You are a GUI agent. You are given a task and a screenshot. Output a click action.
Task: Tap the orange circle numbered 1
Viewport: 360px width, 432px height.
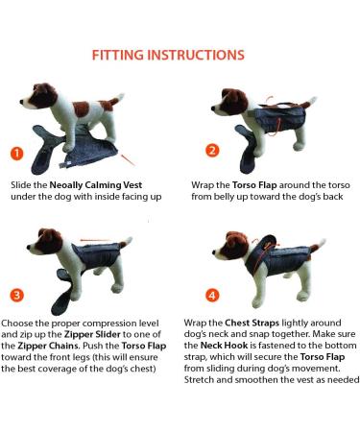tap(15, 153)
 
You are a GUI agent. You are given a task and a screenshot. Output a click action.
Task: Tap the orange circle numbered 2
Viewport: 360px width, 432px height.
tap(212, 151)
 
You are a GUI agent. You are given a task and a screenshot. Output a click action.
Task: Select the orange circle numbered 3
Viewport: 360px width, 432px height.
tap(15, 294)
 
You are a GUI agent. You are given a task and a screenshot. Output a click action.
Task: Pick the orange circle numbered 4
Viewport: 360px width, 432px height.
tap(212, 294)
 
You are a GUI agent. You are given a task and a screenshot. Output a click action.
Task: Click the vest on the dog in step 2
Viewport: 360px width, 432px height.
tap(278, 120)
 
